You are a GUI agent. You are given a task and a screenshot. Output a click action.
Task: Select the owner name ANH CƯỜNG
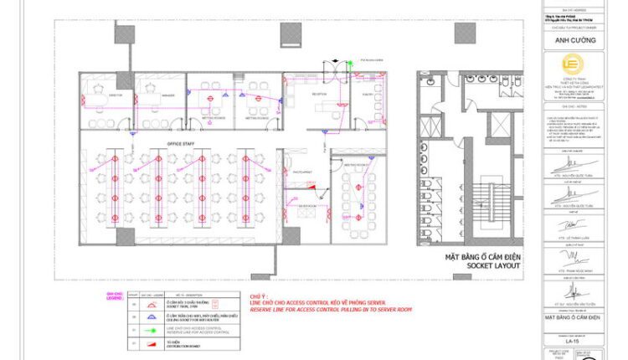pos(574,39)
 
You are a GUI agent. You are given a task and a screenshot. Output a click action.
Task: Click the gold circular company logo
pos(574,66)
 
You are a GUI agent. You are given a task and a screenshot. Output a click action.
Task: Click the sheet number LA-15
pos(573,341)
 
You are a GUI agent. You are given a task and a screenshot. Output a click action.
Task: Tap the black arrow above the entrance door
pos(337,61)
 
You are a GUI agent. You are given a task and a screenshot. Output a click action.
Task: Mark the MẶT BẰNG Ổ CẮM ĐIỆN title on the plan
pos(483,257)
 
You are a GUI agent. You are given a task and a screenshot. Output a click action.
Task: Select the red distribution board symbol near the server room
pos(286,208)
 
